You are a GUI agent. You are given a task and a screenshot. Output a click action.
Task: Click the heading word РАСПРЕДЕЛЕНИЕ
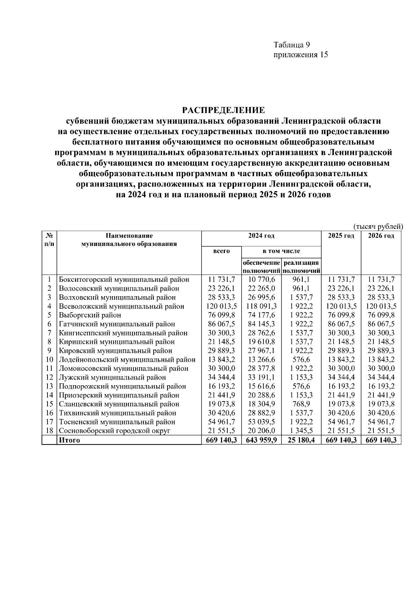pyautogui.click(x=223, y=111)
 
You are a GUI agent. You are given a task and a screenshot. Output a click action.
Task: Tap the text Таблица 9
pyautogui.click(x=292, y=45)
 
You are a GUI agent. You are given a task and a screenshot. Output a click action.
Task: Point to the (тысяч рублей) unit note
pyautogui.click(x=378, y=226)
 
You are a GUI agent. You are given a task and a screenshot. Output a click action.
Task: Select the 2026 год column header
pyautogui.click(x=381, y=236)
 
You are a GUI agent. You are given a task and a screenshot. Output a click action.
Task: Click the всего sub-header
pyautogui.click(x=221, y=251)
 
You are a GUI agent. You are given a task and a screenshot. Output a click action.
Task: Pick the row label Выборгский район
pyautogui.click(x=90, y=315)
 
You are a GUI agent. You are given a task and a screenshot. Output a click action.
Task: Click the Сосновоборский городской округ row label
pyautogui.click(x=115, y=430)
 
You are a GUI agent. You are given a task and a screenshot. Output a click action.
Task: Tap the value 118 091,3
pyautogui.click(x=261, y=306)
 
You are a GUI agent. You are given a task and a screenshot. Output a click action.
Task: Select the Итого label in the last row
pyautogui.click(x=69, y=440)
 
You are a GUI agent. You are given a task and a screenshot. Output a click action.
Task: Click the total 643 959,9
pyautogui.click(x=261, y=440)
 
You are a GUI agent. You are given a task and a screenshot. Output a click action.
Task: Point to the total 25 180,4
pyautogui.click(x=301, y=440)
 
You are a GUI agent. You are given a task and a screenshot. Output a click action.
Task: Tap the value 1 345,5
pyautogui.click(x=301, y=430)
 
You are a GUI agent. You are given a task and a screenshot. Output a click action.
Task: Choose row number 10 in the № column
pyautogui.click(x=49, y=360)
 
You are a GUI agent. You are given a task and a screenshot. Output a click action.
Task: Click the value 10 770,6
pyautogui.click(x=261, y=279)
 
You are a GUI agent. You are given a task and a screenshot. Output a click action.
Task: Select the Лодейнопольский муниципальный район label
pyautogui.click(x=127, y=360)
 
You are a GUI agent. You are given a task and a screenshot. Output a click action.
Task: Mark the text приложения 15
pyautogui.click(x=301, y=55)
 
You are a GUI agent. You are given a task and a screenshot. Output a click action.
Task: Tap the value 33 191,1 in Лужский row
pyautogui.click(x=261, y=377)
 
